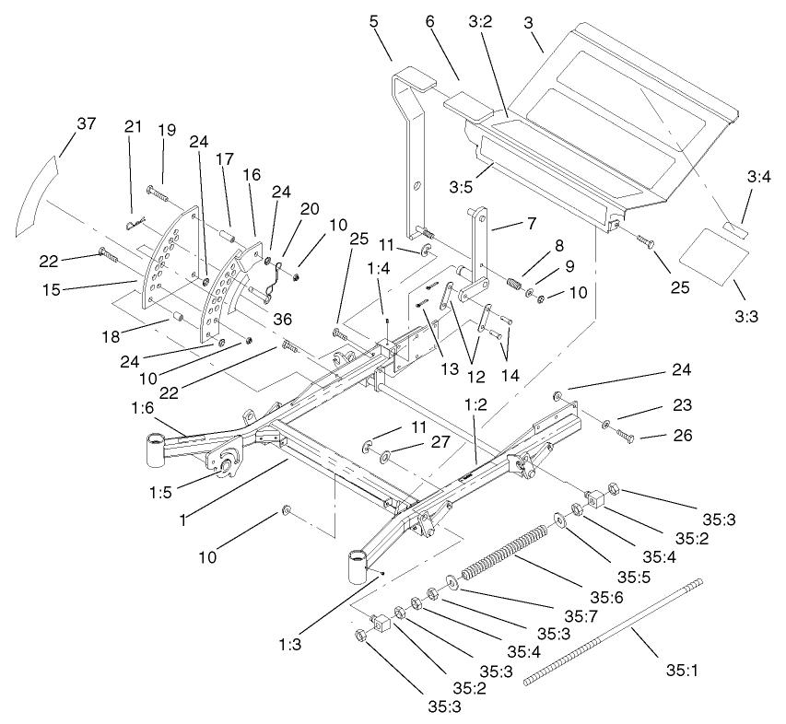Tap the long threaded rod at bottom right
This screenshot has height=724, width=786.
point(612,631)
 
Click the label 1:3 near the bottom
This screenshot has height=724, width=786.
point(289,644)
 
